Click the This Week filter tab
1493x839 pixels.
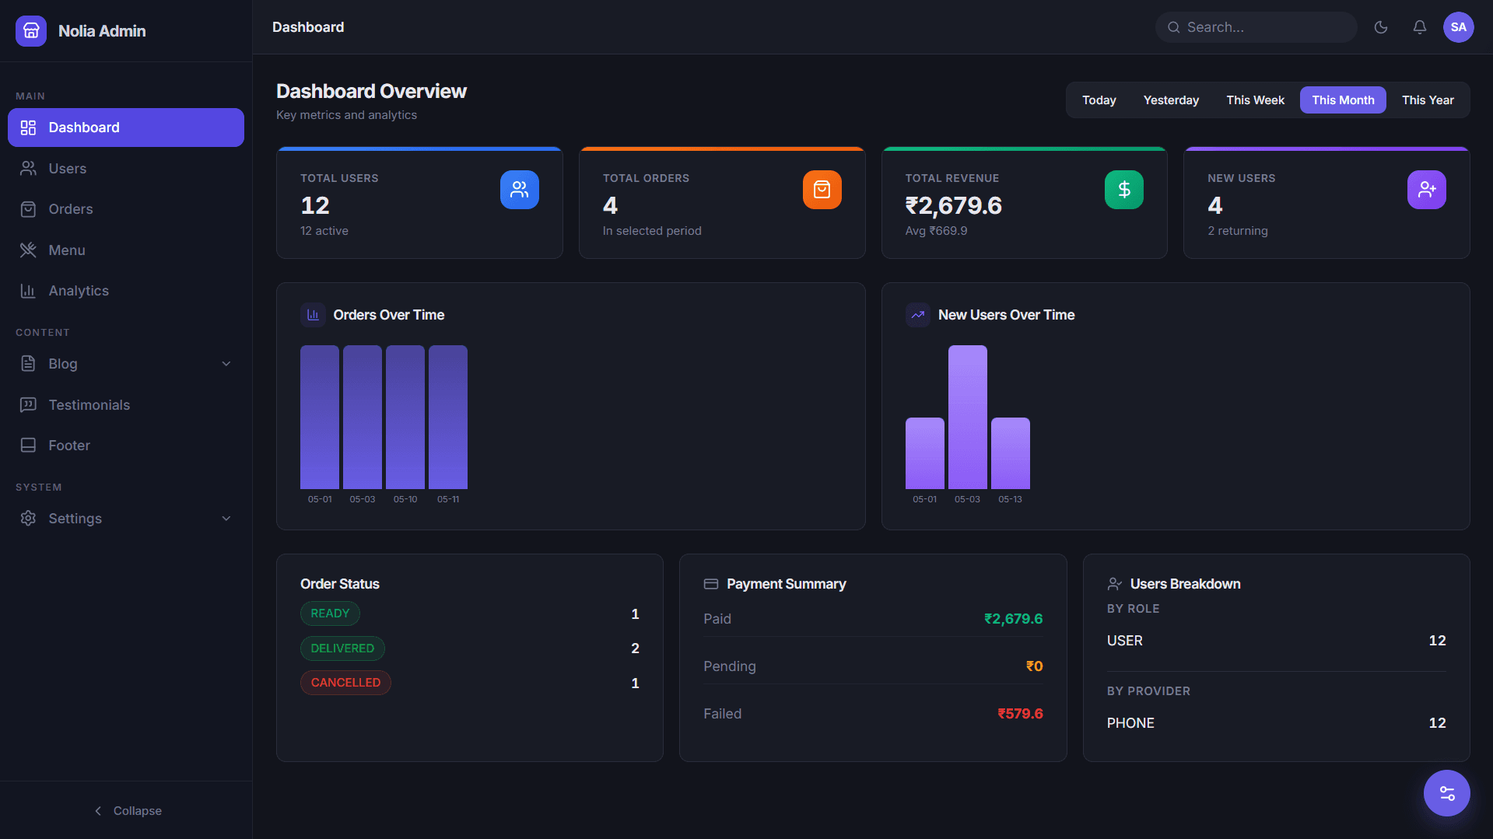(1255, 100)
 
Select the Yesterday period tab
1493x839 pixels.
(1171, 100)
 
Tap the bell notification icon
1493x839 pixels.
(1420, 27)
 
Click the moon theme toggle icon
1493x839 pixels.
(1381, 27)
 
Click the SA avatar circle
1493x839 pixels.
(1459, 27)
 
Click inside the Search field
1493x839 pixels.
(1256, 27)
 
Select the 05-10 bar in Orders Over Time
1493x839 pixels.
(405, 417)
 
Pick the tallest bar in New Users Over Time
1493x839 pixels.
(968, 417)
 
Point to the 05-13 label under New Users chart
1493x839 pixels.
(1010, 499)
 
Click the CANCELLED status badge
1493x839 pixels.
(345, 683)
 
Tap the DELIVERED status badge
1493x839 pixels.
(342, 648)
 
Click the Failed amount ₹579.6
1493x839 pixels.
(1020, 714)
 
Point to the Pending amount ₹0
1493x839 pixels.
(1034, 666)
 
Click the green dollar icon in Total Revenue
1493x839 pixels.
(1124, 190)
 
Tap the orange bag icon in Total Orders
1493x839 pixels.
(822, 190)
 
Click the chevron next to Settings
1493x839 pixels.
(226, 519)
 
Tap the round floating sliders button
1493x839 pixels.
(1447, 793)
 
